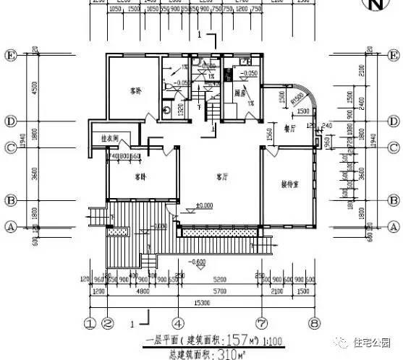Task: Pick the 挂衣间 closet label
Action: pyautogui.click(x=109, y=137)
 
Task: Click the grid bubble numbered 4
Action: pyautogui.click(x=177, y=323)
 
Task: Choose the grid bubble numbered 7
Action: pyautogui.click(x=260, y=323)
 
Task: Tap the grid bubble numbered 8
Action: pyautogui.click(x=314, y=323)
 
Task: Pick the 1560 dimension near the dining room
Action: pyautogui.click(x=269, y=134)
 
